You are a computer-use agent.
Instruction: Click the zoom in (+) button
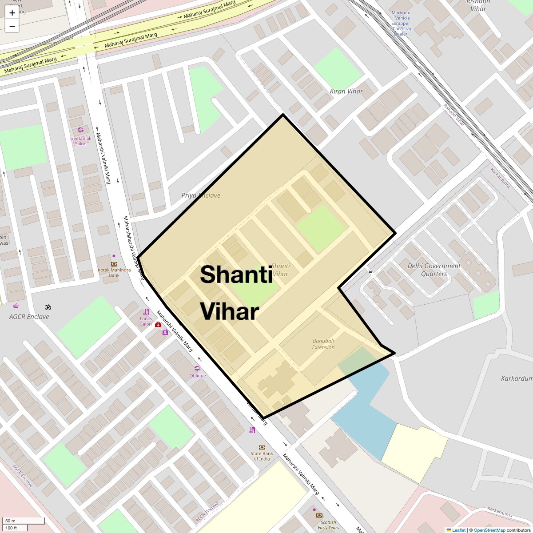pyautogui.click(x=12, y=13)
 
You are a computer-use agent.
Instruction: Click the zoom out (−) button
pyautogui.click(x=12, y=26)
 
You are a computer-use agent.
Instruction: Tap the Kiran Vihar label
pyautogui.click(x=346, y=91)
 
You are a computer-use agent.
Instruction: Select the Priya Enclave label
pyautogui.click(x=201, y=195)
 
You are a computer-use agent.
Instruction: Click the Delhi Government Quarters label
pyautogui.click(x=434, y=270)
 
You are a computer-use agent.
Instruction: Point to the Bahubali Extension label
pyautogui.click(x=323, y=344)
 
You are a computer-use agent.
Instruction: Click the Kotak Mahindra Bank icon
pyautogui.click(x=114, y=264)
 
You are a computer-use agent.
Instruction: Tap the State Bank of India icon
pyautogui.click(x=262, y=447)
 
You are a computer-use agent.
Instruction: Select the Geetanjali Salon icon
pyautogui.click(x=80, y=131)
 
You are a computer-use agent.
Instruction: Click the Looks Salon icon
pyautogui.click(x=146, y=312)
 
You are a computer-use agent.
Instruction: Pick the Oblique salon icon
pyautogui.click(x=198, y=369)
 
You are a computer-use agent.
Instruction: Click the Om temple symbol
pyautogui.click(x=48, y=307)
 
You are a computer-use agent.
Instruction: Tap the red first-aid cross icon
pyautogui.click(x=158, y=325)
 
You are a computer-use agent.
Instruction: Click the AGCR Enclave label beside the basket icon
pyautogui.click(x=29, y=317)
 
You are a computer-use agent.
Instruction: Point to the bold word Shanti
pyautogui.click(x=236, y=274)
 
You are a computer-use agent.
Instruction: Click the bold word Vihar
pyautogui.click(x=229, y=312)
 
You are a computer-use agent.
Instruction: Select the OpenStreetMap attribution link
pyautogui.click(x=489, y=530)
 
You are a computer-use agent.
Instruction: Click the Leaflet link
pyautogui.click(x=459, y=530)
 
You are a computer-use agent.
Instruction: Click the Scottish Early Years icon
pyautogui.click(x=319, y=516)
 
